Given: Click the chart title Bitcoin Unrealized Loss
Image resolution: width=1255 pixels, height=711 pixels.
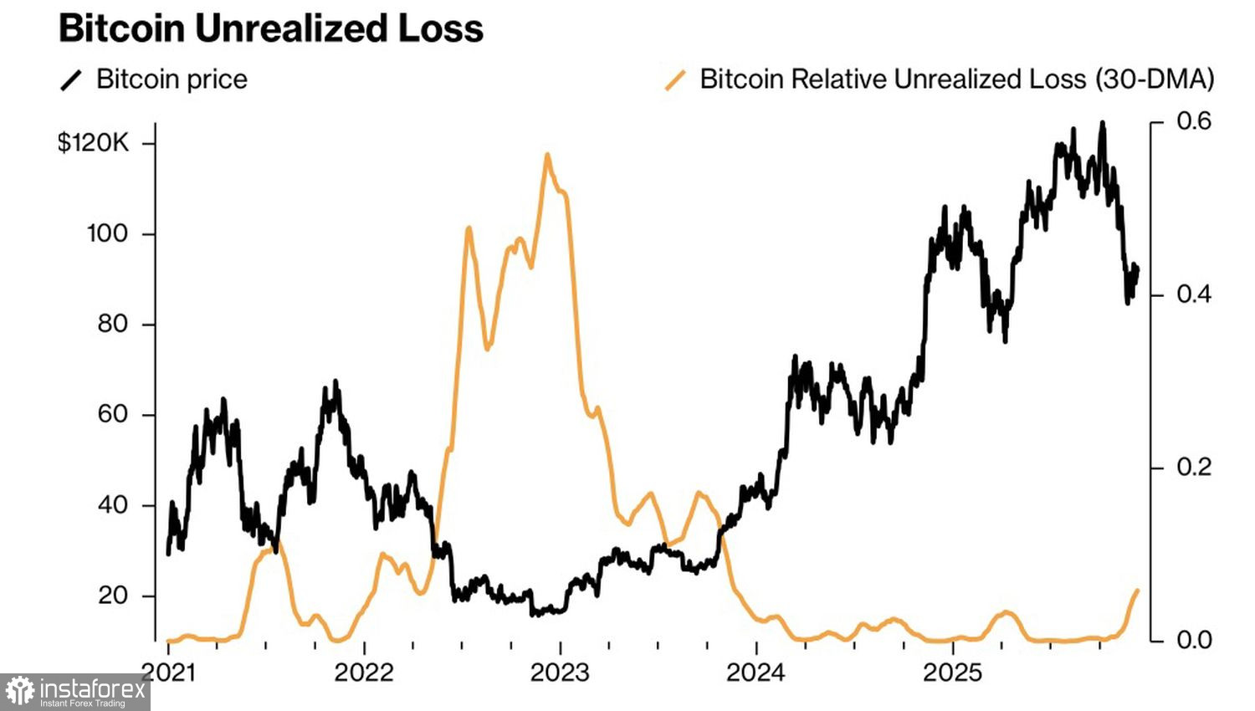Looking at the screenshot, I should (x=271, y=28).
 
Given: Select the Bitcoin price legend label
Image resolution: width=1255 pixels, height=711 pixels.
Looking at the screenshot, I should (x=172, y=79).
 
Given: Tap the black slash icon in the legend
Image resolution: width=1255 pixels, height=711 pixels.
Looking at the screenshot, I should (x=72, y=80).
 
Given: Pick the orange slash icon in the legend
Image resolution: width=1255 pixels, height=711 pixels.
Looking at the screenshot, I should (x=675, y=80).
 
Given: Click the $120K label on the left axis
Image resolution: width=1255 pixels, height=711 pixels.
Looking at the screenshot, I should (x=93, y=143).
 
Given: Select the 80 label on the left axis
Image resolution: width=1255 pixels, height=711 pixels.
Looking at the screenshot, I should (x=112, y=324).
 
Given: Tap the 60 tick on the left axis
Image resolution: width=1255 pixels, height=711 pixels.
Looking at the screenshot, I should (x=112, y=414).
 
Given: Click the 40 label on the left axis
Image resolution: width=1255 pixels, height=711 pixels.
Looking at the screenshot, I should (x=112, y=505).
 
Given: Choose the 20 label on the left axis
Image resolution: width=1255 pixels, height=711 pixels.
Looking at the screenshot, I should (x=112, y=596).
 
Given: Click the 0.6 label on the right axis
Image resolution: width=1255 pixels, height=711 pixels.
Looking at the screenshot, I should (x=1193, y=121).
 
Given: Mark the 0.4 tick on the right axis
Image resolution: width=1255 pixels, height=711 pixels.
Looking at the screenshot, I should (x=1193, y=294).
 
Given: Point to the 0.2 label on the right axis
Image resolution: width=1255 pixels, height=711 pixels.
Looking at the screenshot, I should (x=1193, y=467).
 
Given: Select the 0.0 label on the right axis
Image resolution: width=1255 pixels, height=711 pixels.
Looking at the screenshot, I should (x=1193, y=640).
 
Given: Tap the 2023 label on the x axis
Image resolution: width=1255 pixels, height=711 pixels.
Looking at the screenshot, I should (x=560, y=672).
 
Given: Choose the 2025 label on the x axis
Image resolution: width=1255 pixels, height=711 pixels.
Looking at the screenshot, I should (x=952, y=672).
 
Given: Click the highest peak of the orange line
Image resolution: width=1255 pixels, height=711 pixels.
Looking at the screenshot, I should (x=547, y=155).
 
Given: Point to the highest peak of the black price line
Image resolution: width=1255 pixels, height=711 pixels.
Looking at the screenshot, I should (x=1102, y=123).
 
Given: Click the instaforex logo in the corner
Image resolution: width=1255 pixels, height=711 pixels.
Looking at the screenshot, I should (x=74, y=692).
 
